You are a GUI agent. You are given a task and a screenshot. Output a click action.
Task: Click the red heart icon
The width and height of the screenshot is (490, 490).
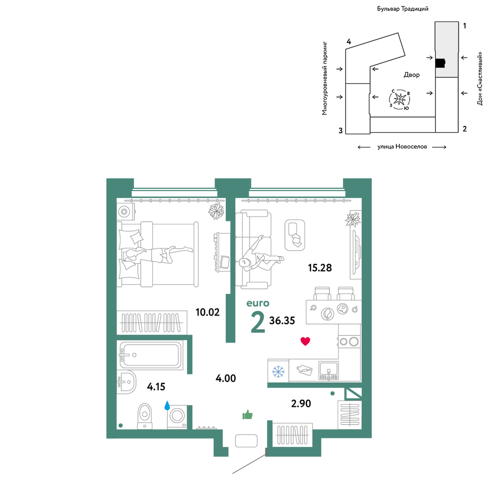coord(305,341)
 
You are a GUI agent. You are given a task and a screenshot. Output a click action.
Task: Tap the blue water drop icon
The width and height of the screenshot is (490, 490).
coord(167,405)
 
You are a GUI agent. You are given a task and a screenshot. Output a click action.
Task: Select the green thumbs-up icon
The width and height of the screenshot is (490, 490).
coord(247,415)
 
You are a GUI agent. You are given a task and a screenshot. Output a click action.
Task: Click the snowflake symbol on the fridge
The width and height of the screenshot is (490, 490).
coord(278,371)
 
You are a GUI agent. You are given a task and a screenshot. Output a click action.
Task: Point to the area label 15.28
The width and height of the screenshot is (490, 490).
coord(319,268)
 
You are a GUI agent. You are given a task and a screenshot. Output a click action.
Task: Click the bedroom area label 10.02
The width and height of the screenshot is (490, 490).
coord(207,312)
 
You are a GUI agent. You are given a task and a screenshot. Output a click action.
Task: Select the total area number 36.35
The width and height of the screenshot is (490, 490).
coord(282,320)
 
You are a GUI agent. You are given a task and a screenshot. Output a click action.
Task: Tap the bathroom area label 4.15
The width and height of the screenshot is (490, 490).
coord(156,387)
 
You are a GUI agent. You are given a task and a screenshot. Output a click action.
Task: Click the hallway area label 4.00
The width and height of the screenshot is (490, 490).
coord(225,378)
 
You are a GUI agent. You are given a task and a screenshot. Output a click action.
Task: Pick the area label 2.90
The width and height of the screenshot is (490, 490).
coord(301,404)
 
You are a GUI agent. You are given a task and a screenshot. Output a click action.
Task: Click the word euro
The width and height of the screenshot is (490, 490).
coord(258,303)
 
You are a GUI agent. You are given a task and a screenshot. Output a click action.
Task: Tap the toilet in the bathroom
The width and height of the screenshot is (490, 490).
coord(145,416)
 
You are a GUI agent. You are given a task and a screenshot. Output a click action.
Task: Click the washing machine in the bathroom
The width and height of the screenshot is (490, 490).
coord(177,416)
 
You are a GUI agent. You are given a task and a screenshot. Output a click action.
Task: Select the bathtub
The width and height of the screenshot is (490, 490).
coord(150,355)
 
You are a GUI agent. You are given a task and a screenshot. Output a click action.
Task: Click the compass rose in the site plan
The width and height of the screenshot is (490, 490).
coord(400,99)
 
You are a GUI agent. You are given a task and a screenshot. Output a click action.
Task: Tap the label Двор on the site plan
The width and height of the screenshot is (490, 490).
coord(412,74)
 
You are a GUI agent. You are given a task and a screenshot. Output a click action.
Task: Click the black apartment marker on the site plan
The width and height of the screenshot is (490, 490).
coord(441,63)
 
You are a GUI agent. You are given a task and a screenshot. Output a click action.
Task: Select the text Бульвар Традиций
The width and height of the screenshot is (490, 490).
coord(402,9)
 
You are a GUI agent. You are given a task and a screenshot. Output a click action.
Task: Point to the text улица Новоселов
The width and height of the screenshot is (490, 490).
coord(402,147)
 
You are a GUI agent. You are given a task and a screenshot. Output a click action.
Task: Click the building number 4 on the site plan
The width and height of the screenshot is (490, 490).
coord(349,42)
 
